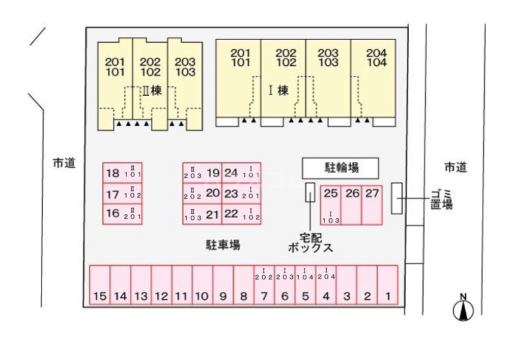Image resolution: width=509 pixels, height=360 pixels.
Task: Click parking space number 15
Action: tap(100, 285)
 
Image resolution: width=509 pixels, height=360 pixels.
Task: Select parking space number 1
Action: tap(387, 285)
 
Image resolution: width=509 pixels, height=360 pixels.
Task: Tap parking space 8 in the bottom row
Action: tap(243, 285)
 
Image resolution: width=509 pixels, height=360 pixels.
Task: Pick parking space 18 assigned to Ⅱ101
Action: tap(122, 173)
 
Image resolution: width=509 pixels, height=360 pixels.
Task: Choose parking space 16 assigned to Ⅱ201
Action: tap(122, 213)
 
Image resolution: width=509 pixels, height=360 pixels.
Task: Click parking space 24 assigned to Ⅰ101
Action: tap(241, 173)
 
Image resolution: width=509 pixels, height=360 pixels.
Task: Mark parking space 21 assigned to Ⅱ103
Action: tap(202, 214)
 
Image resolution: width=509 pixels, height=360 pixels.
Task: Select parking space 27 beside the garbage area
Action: tap(372, 204)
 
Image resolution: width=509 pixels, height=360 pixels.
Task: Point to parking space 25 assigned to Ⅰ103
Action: tap(330, 204)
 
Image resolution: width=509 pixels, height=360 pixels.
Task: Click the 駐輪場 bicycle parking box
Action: tap(341, 168)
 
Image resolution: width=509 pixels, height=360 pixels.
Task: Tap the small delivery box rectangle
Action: tap(309, 192)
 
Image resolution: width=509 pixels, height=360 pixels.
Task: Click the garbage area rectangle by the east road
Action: tap(397, 198)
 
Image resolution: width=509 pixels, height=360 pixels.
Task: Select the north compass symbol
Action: tap(463, 310)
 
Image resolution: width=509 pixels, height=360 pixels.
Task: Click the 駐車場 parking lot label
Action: tap(223, 245)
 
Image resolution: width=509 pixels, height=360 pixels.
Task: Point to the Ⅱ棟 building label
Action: tap(151, 91)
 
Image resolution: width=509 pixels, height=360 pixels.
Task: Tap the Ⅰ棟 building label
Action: tap(278, 91)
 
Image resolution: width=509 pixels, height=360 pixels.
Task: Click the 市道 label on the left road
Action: tap(64, 163)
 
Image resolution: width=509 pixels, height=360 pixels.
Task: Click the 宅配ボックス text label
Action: tap(310, 243)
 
